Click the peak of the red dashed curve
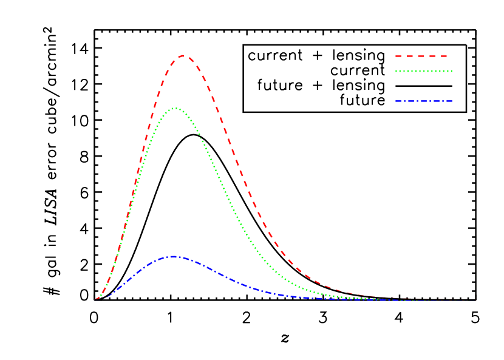(x=184, y=55)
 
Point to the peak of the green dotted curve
(x=175, y=108)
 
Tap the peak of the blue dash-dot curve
(x=172, y=256)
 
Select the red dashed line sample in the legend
(x=421, y=56)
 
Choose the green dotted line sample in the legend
(x=424, y=71)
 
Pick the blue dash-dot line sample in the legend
(x=424, y=101)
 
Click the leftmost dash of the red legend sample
(x=398, y=56)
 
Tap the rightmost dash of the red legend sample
(x=444, y=56)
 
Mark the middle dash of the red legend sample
(x=421, y=56)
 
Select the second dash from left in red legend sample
(x=410, y=56)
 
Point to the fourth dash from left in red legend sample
(x=432, y=56)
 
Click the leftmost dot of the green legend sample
(x=397, y=71)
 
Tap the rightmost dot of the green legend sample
(x=452, y=71)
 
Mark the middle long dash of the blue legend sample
(x=423, y=101)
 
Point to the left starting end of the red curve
(x=96, y=299)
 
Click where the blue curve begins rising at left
(x=97, y=299)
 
